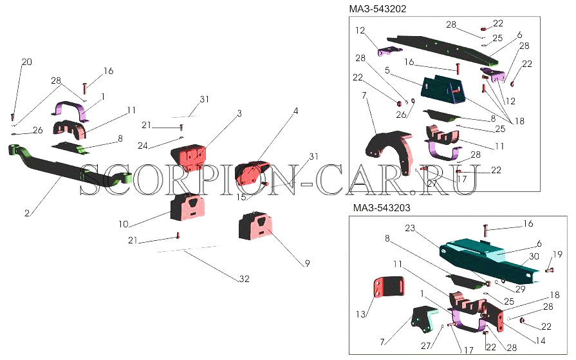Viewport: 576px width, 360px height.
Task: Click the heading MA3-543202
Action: coord(378,9)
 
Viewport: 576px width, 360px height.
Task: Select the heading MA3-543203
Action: coord(382,208)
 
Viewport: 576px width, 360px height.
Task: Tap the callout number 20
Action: coord(26,62)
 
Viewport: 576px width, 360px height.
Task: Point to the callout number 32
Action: coord(244,279)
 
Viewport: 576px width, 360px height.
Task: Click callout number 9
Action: coord(307,263)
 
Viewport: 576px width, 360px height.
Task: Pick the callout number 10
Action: coord(124,223)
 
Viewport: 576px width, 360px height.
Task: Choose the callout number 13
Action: coord(361,314)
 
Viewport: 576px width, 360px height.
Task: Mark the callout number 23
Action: coord(410,228)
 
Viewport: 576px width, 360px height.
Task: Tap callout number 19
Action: coord(557,254)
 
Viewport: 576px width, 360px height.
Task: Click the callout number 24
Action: coord(142,146)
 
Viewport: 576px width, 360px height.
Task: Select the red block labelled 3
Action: coord(189,158)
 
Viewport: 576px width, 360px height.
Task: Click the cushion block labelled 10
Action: coord(188,208)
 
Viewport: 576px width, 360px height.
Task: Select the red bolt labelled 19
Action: coord(547,270)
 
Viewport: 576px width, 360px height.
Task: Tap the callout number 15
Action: coord(241,197)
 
